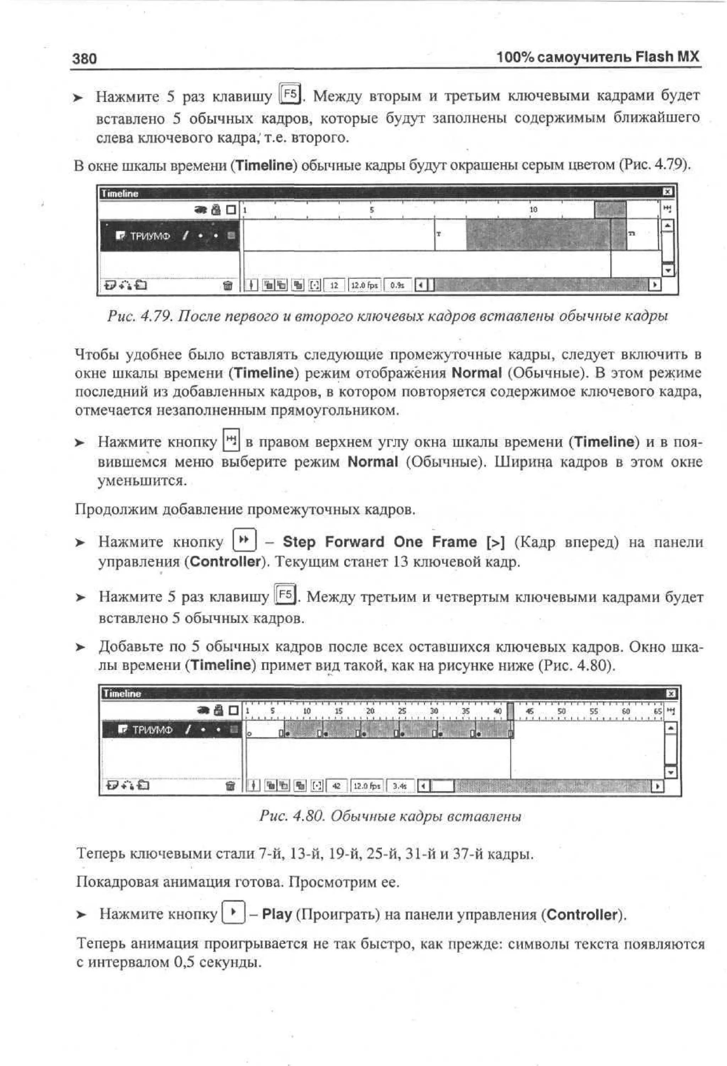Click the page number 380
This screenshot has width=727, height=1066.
tap(84, 59)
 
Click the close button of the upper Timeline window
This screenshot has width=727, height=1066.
tap(668, 192)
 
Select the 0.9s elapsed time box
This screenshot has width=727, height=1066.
tap(397, 285)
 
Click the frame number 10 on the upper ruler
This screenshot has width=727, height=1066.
tap(534, 210)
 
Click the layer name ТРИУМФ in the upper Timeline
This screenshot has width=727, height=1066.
tap(150, 236)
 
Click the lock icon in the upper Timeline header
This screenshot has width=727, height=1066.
tap(216, 210)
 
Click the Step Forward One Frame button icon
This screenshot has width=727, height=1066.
tap(245, 540)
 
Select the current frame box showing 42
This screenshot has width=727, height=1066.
tap(337, 786)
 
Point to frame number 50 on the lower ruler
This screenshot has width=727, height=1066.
tap(562, 711)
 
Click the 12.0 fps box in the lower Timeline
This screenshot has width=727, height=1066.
tap(367, 786)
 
